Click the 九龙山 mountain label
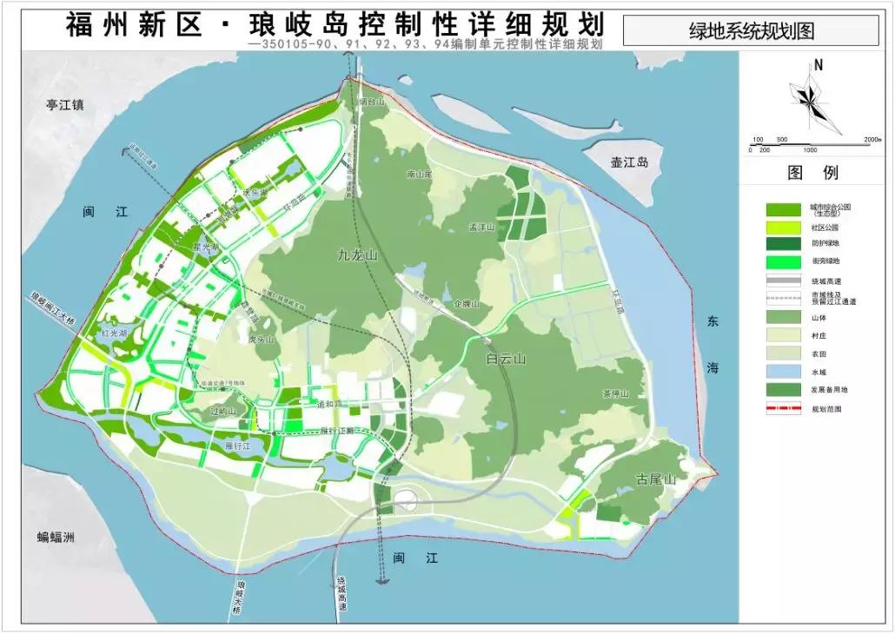coord(358,255)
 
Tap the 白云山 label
coord(507,359)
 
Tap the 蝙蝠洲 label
coord(56,537)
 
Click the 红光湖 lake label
coord(113,334)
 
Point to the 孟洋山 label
coord(481,227)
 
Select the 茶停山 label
coord(614,393)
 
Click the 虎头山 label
coord(261,340)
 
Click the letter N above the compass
coord(819,64)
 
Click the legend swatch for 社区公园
coord(783,228)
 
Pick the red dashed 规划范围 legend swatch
coord(783,407)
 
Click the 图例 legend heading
coord(813,172)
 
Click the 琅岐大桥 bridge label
coord(238,598)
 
